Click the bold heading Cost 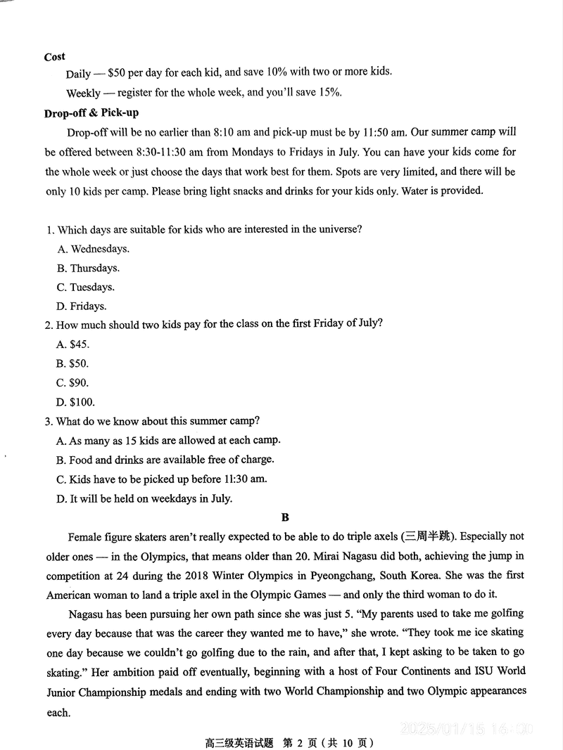coord(54,56)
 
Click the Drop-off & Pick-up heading coord(91,112)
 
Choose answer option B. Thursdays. coord(88,268)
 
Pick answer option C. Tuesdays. coord(85,287)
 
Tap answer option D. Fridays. coord(82,306)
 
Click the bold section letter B coord(285,518)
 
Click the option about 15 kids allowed coord(168,440)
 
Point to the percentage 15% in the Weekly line coord(329,92)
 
